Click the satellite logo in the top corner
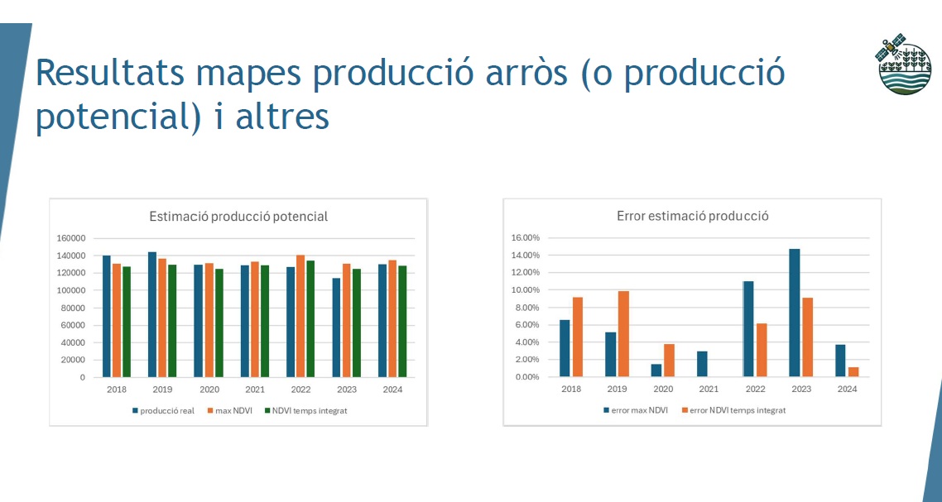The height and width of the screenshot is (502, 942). click(904, 64)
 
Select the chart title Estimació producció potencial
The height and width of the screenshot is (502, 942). click(238, 217)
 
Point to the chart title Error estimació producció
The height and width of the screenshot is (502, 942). click(693, 216)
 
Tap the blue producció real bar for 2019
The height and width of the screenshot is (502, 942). click(152, 314)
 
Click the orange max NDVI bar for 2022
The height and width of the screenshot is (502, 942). click(300, 317)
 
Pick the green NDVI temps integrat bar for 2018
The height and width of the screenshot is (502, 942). click(126, 322)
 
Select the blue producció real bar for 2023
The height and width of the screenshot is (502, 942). click(336, 327)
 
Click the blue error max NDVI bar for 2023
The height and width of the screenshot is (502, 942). click(794, 313)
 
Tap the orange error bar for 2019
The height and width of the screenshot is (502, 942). click(623, 334)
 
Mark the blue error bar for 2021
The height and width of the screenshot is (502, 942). click(702, 364)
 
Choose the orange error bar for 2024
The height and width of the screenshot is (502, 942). click(853, 372)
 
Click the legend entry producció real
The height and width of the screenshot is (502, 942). click(163, 411)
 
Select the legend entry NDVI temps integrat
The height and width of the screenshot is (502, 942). click(305, 411)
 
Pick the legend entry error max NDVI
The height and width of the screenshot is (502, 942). click(635, 411)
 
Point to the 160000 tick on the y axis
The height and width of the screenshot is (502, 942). click(71, 238)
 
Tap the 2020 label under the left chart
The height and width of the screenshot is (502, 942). click(209, 390)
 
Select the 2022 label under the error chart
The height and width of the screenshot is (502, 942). click(755, 389)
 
